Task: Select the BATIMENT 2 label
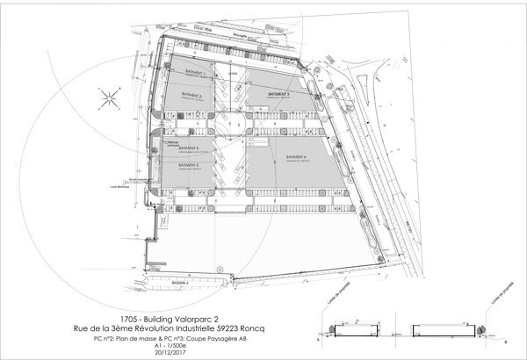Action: (x=192, y=96)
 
